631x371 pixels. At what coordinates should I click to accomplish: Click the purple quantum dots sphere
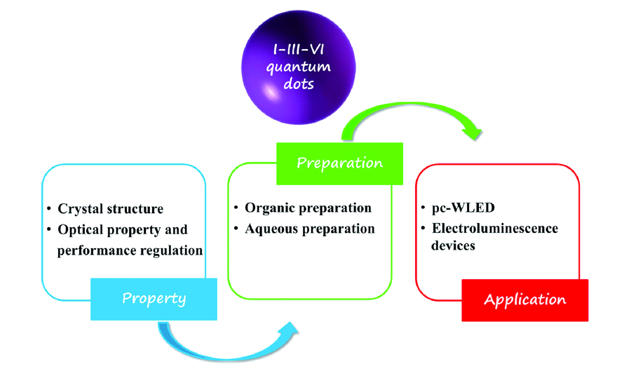pos(298,67)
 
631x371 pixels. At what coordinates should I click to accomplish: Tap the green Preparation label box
pos(339,163)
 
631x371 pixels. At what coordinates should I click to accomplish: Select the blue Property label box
pos(154,299)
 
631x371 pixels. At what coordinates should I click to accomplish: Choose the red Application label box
pos(524,300)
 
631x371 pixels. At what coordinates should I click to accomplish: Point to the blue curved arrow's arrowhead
pos(288,328)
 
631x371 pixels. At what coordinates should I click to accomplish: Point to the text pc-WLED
pos(463,208)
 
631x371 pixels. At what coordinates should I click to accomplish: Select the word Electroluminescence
pos(495,229)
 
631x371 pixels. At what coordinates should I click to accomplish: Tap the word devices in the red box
pos(453,245)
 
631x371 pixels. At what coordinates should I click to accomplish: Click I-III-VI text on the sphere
pos(298,50)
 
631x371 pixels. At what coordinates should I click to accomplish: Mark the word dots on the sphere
pos(299,83)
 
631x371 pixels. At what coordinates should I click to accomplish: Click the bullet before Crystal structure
pos(49,208)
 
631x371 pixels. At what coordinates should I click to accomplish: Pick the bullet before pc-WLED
pos(423,207)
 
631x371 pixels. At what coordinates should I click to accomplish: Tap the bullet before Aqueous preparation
pos(236,229)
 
